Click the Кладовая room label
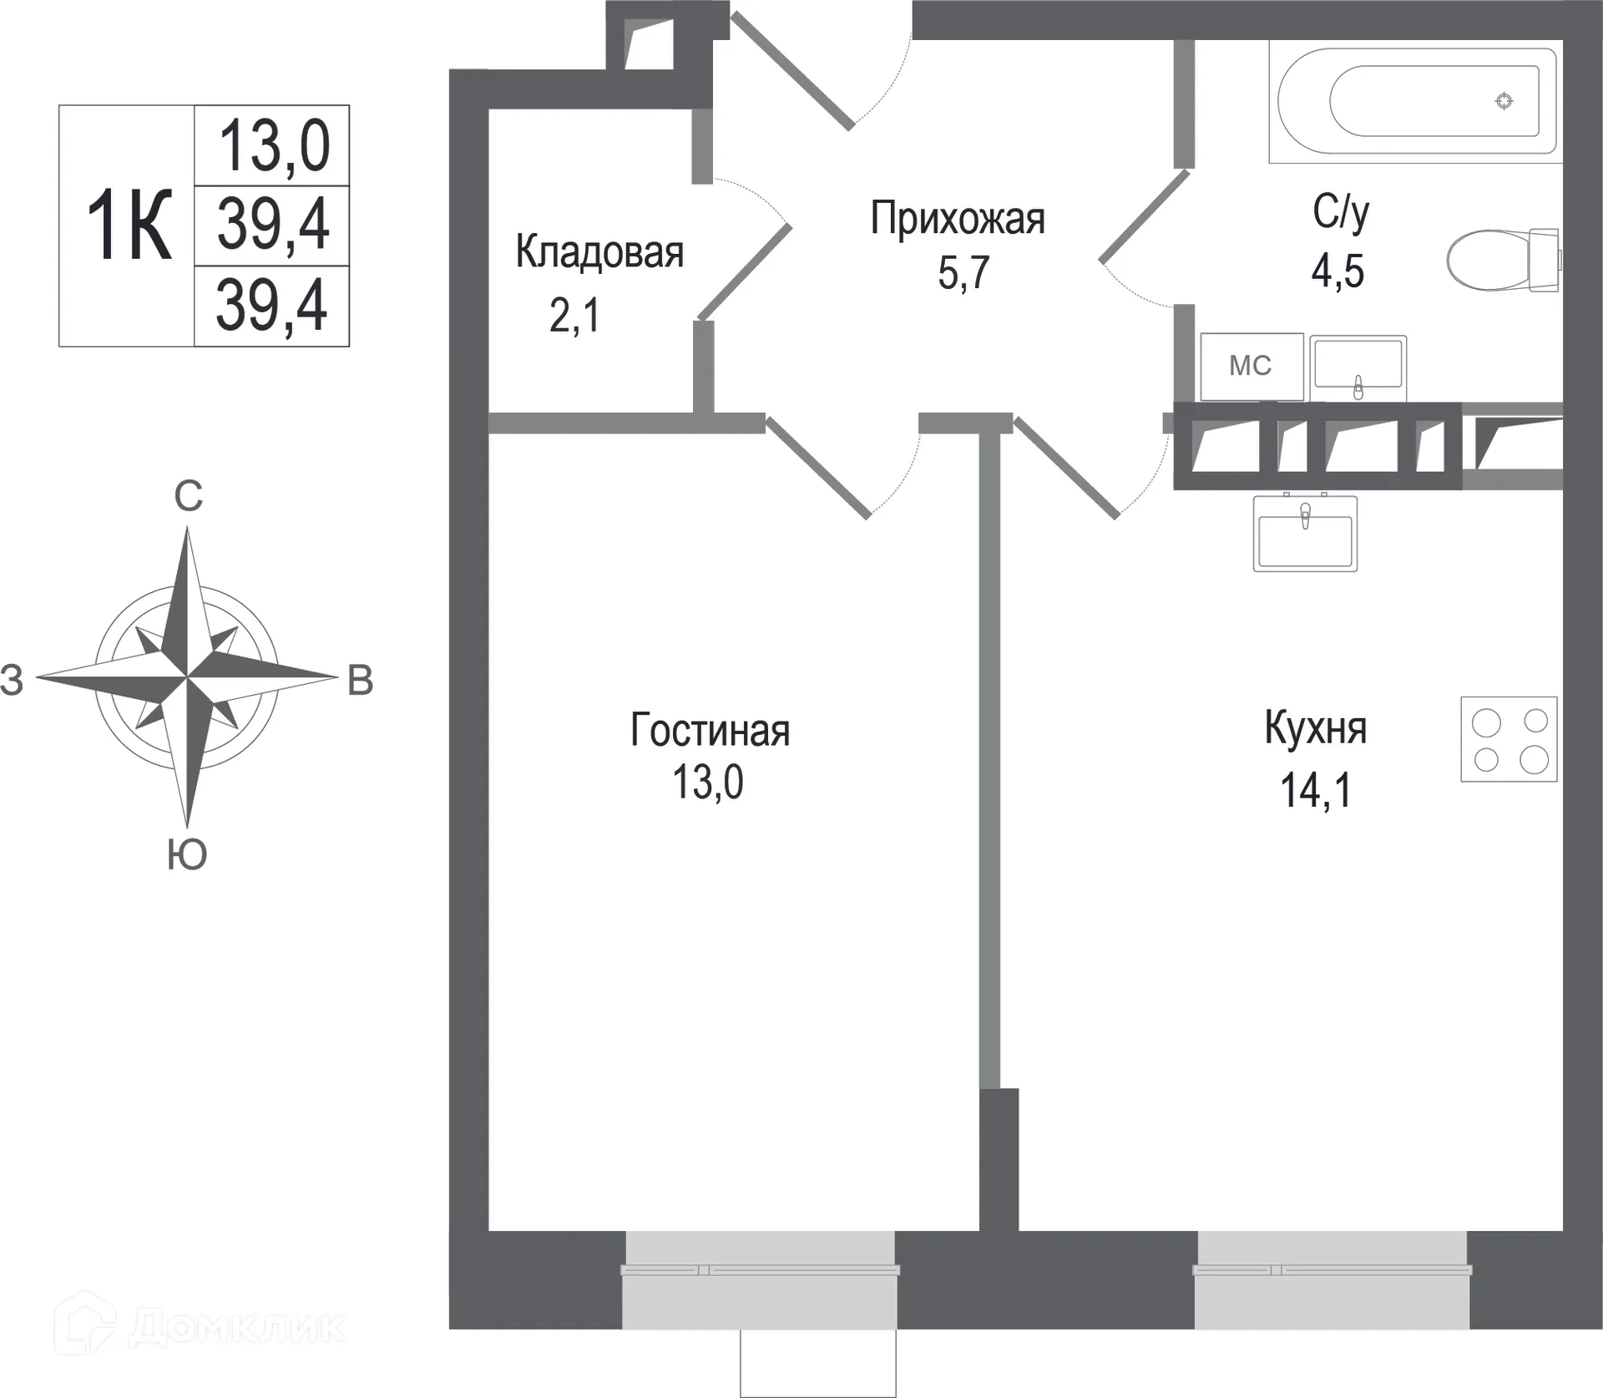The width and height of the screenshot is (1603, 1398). [x=599, y=251]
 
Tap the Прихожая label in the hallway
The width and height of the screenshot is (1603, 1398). [x=957, y=219]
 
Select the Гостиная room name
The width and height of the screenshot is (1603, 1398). [x=710, y=730]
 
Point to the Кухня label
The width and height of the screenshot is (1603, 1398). [x=1315, y=727]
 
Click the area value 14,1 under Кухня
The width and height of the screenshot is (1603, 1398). [x=1315, y=789]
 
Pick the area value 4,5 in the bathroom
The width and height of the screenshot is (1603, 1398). [x=1337, y=271]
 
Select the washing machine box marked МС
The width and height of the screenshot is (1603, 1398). [x=1251, y=366]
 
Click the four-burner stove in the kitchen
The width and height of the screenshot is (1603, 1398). [x=1509, y=739]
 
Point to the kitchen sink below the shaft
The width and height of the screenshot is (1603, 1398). [x=1305, y=534]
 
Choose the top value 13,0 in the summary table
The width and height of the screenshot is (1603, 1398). [x=273, y=146]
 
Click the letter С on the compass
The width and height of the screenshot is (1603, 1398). [x=188, y=496]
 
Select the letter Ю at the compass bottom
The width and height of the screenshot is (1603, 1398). [x=187, y=854]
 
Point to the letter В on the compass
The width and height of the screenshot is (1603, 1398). [x=360, y=681]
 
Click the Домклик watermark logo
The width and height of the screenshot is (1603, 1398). [x=200, y=1325]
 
